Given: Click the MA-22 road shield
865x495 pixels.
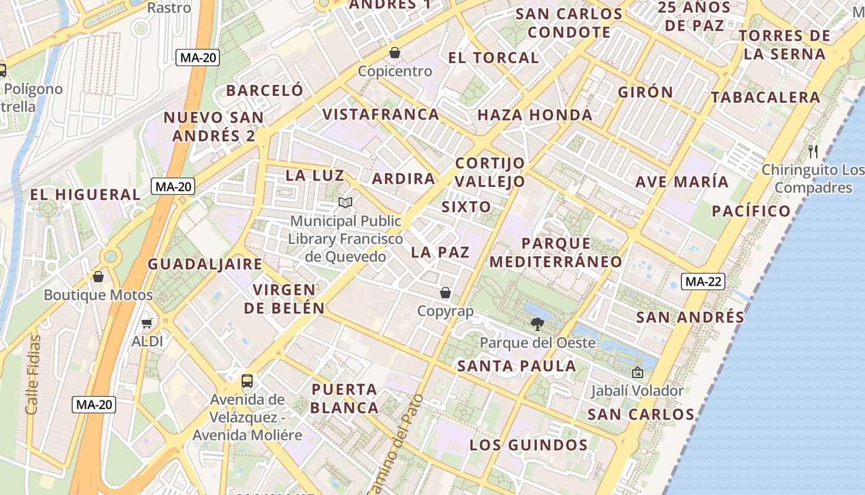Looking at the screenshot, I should coord(703,282).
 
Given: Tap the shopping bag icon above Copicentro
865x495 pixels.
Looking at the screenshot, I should coord(395,53).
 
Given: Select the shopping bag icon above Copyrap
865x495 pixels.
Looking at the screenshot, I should coord(445,293).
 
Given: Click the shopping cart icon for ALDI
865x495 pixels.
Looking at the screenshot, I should coord(147,323).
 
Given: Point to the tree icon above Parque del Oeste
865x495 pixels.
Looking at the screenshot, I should coord(538,324).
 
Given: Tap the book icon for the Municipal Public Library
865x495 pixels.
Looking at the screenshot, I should coord(345,202).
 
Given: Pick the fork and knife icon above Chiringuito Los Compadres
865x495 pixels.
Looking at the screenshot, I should coord(813,151).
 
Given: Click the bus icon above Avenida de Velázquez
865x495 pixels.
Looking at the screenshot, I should coord(247,381).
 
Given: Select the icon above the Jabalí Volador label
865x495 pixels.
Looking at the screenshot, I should coord(637,372).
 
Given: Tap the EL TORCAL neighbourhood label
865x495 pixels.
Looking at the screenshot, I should coord(494,58).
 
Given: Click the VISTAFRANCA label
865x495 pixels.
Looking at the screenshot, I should coord(381,114).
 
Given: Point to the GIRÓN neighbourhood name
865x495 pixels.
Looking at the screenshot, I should coord(646,92).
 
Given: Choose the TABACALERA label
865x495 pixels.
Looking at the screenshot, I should coord(765,97).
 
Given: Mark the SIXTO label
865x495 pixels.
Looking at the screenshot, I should coord(466,207).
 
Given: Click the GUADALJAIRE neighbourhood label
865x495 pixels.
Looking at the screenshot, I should coord(205,264).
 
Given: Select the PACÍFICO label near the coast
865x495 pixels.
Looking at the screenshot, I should coord(751,211).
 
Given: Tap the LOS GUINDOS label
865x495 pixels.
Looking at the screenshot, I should coord(528,445).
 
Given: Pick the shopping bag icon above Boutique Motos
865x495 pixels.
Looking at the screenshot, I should coord(98,277).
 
